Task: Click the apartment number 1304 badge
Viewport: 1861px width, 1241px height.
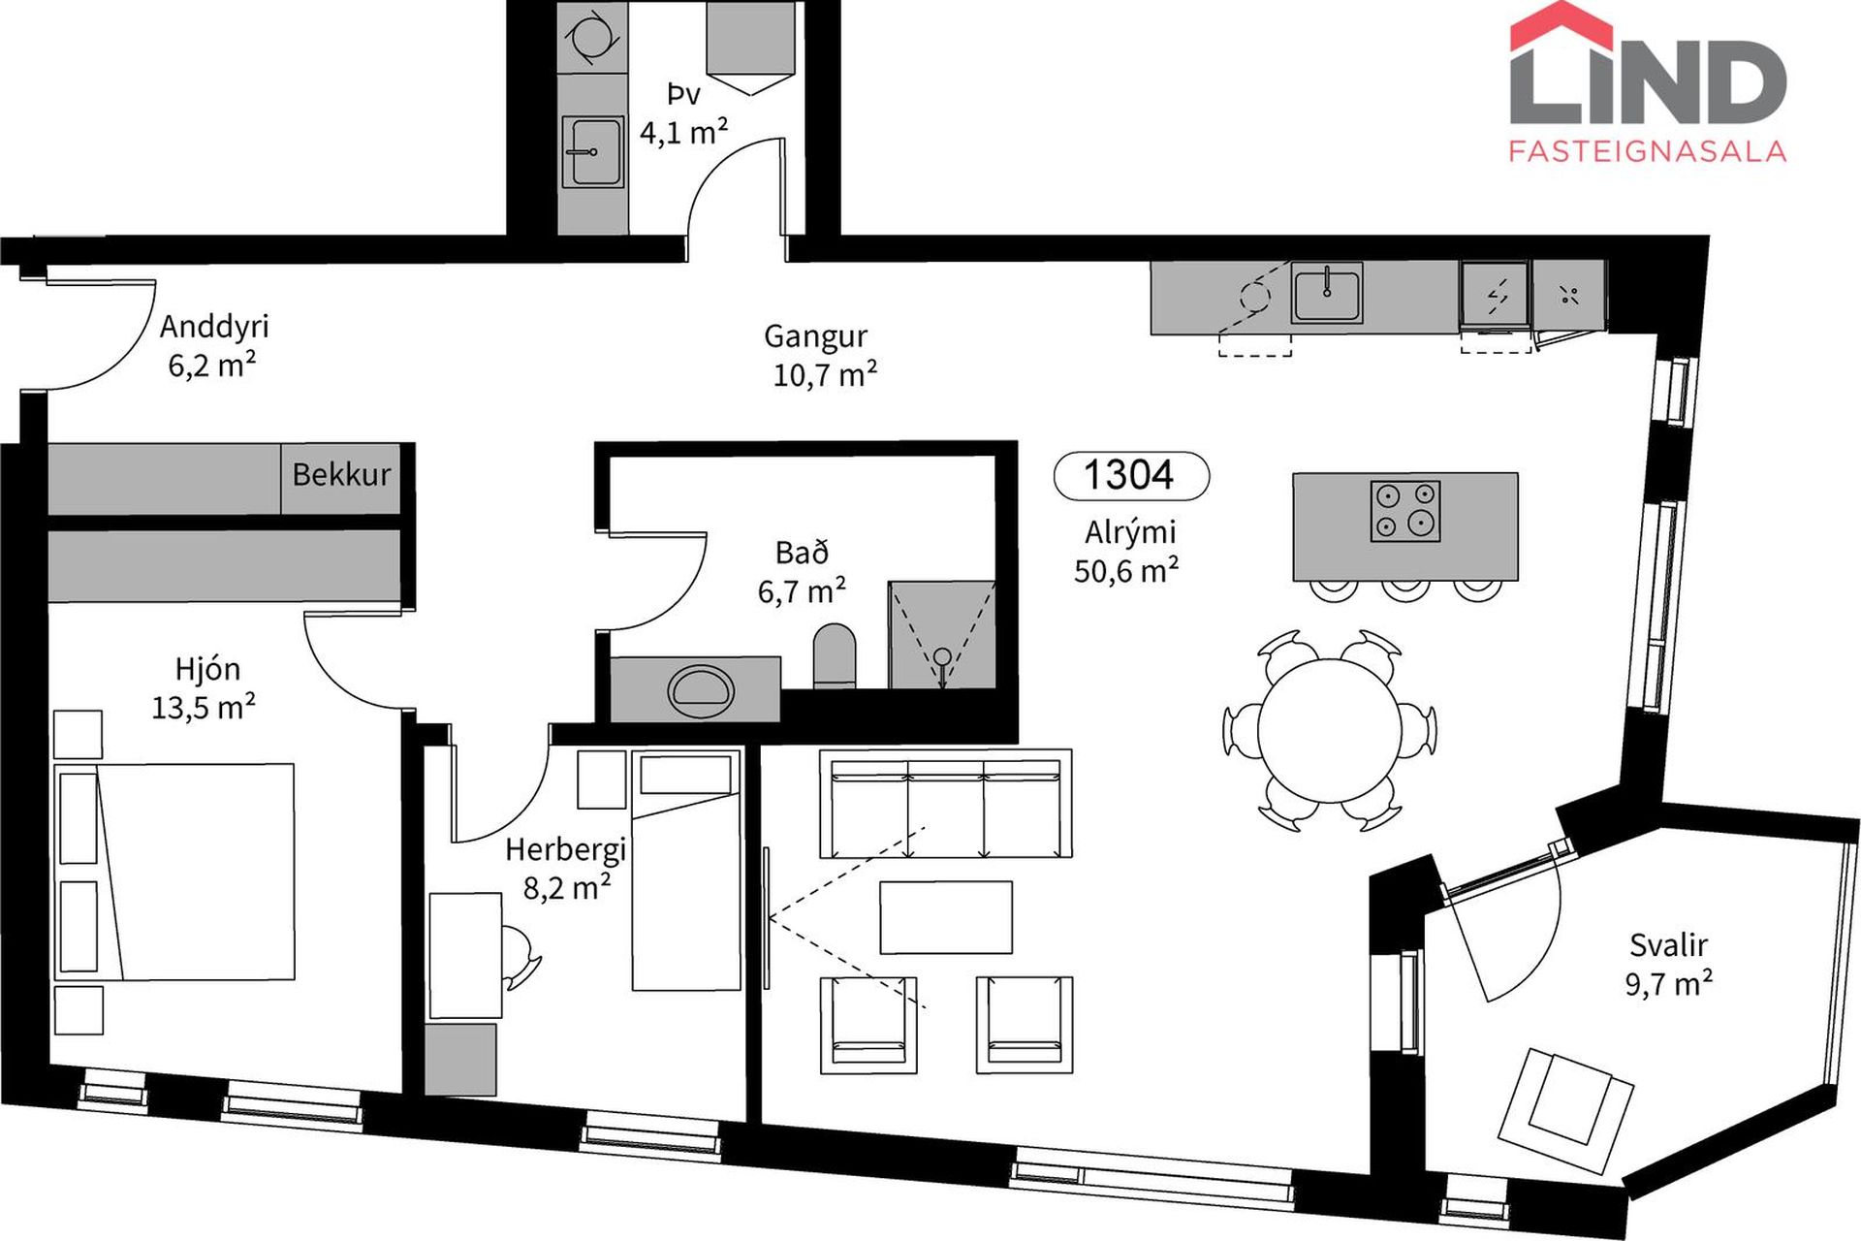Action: point(1131,476)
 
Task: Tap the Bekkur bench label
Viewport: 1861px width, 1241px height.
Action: point(341,474)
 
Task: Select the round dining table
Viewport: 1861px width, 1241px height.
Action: point(1329,730)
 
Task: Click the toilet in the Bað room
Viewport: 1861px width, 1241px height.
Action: point(835,656)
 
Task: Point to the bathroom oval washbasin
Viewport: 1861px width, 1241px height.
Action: point(700,690)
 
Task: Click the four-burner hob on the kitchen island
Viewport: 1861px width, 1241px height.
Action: point(1405,511)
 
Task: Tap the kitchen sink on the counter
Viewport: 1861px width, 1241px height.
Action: point(1326,293)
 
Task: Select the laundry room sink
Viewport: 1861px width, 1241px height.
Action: point(591,152)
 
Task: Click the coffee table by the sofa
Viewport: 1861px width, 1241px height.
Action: point(946,917)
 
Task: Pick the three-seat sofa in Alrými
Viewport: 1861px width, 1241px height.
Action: point(946,804)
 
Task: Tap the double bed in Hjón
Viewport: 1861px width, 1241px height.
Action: point(174,872)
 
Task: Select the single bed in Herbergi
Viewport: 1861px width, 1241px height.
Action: point(686,871)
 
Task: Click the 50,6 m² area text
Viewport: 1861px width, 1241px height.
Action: point(1126,570)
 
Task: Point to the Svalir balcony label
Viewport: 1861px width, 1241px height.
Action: point(1668,944)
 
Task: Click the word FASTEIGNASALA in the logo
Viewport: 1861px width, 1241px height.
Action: point(1648,150)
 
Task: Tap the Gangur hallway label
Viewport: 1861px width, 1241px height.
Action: point(815,336)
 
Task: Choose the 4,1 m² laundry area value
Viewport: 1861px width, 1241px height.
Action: point(683,131)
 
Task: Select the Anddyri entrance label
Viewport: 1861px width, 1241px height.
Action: point(214,328)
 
